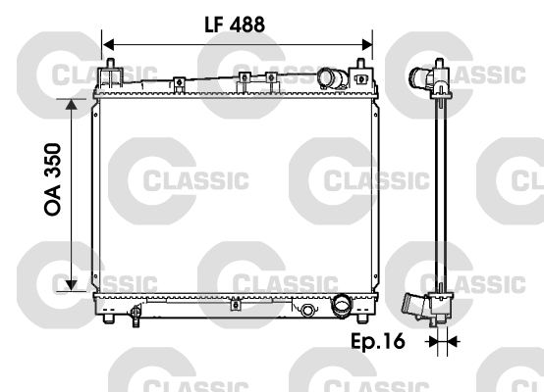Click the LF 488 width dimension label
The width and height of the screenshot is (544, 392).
[x=234, y=24]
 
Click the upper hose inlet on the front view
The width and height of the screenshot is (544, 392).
[x=331, y=79]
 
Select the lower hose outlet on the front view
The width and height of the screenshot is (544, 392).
[x=341, y=306]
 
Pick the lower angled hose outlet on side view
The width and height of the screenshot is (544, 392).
[x=416, y=307]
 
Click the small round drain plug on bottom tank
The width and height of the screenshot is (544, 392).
[x=307, y=312]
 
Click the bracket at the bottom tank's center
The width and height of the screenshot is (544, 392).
[x=235, y=305]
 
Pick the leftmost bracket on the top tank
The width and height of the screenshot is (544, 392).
[x=178, y=83]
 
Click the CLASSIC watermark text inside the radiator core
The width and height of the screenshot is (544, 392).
[x=196, y=181]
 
